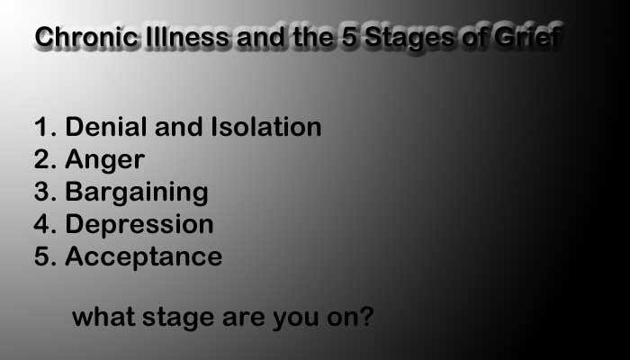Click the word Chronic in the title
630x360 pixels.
coord(86,37)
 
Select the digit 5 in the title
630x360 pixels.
coord(349,37)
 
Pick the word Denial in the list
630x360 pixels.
coord(105,127)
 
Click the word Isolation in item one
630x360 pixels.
coord(266,127)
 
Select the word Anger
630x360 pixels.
coord(105,161)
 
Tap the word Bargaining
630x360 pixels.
coord(137,193)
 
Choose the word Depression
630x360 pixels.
coord(139,225)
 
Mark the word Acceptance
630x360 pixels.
coord(143,257)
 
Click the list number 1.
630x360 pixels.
coord(45,127)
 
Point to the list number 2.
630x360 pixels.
coord(45,159)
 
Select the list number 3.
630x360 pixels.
coord(45,192)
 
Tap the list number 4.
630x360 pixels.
coord(45,224)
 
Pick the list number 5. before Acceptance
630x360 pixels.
coord(45,256)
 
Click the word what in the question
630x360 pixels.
coord(103,317)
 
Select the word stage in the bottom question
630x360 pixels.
coord(178,319)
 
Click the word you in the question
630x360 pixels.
coord(296,319)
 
